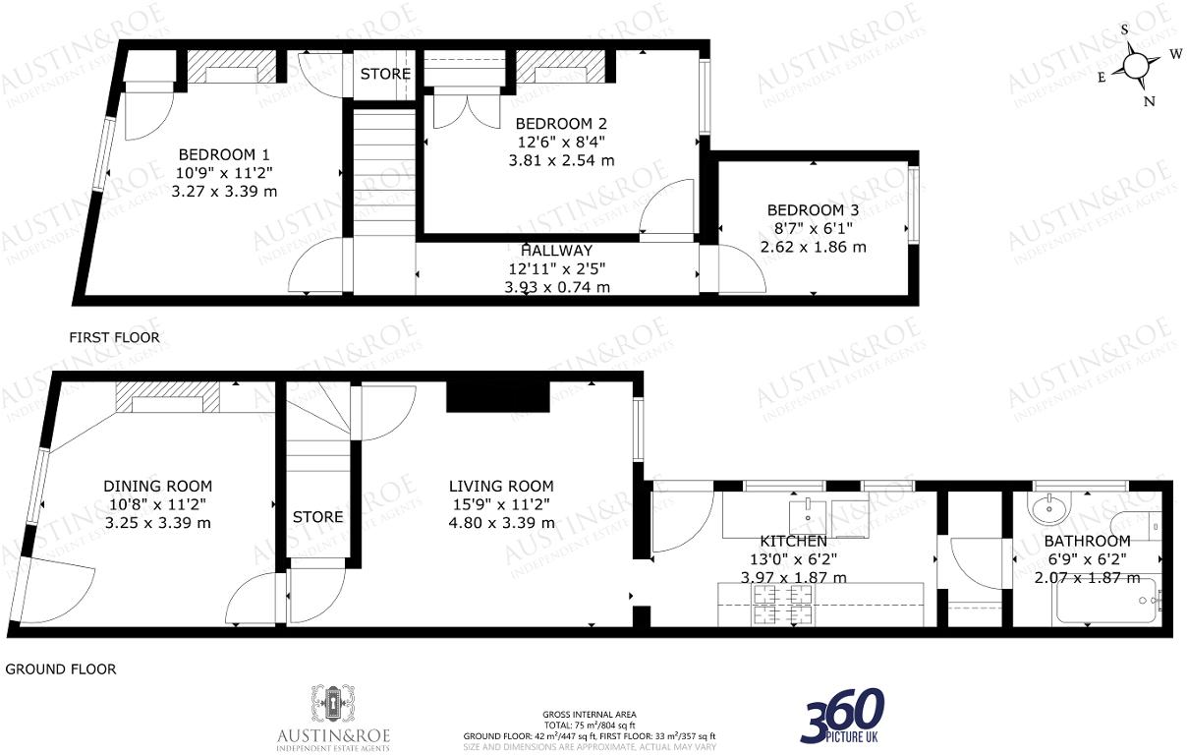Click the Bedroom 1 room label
(x=224, y=154)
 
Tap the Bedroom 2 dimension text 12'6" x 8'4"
(x=560, y=142)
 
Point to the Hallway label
(x=557, y=251)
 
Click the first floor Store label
(x=385, y=74)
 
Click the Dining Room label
(x=158, y=486)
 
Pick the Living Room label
(x=501, y=486)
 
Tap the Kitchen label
(x=793, y=541)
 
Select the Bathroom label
(x=1087, y=541)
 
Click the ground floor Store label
(x=317, y=516)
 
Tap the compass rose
(x=1135, y=66)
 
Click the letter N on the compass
(x=1149, y=100)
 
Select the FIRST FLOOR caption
(x=114, y=337)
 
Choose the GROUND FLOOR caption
(x=61, y=669)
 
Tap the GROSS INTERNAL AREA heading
(x=589, y=714)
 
